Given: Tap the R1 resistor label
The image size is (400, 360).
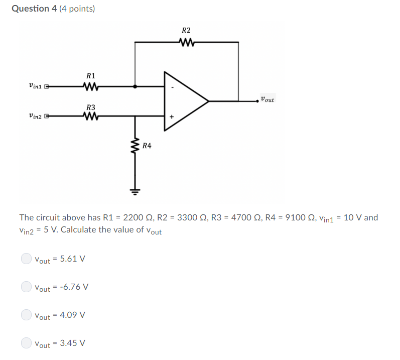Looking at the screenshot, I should pos(91,75).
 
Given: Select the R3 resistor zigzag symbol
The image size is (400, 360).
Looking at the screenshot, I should pos(91,116).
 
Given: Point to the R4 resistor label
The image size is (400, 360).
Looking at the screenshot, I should pos(147,146).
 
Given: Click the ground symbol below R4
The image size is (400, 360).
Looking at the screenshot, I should pos(135,191).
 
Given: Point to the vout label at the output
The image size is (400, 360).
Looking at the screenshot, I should pos(268,99).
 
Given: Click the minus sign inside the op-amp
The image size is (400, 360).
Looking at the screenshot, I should pos(172,86).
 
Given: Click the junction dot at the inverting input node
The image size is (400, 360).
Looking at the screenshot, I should pos(135,86).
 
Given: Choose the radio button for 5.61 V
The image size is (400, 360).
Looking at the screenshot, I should pos(26,259).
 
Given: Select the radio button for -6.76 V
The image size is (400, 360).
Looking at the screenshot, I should pos(26,287).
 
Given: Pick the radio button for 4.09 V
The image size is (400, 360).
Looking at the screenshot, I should pos(26,315).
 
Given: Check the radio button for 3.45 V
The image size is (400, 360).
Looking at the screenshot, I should pos(26,343).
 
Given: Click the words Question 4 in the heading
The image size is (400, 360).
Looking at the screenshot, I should pos(34,9).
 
